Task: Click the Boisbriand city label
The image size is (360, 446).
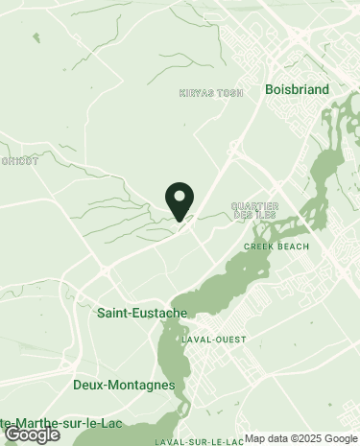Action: [297, 89]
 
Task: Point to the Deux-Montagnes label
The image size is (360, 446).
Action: [124, 385]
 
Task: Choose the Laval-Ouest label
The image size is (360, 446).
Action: [213, 340]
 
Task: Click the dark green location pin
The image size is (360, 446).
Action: [180, 200]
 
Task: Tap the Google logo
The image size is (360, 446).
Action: [32, 434]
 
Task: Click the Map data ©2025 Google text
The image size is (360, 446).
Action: [300, 439]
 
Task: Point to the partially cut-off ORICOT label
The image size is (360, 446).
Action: [19, 161]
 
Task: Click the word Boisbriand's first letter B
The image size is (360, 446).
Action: [269, 89]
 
